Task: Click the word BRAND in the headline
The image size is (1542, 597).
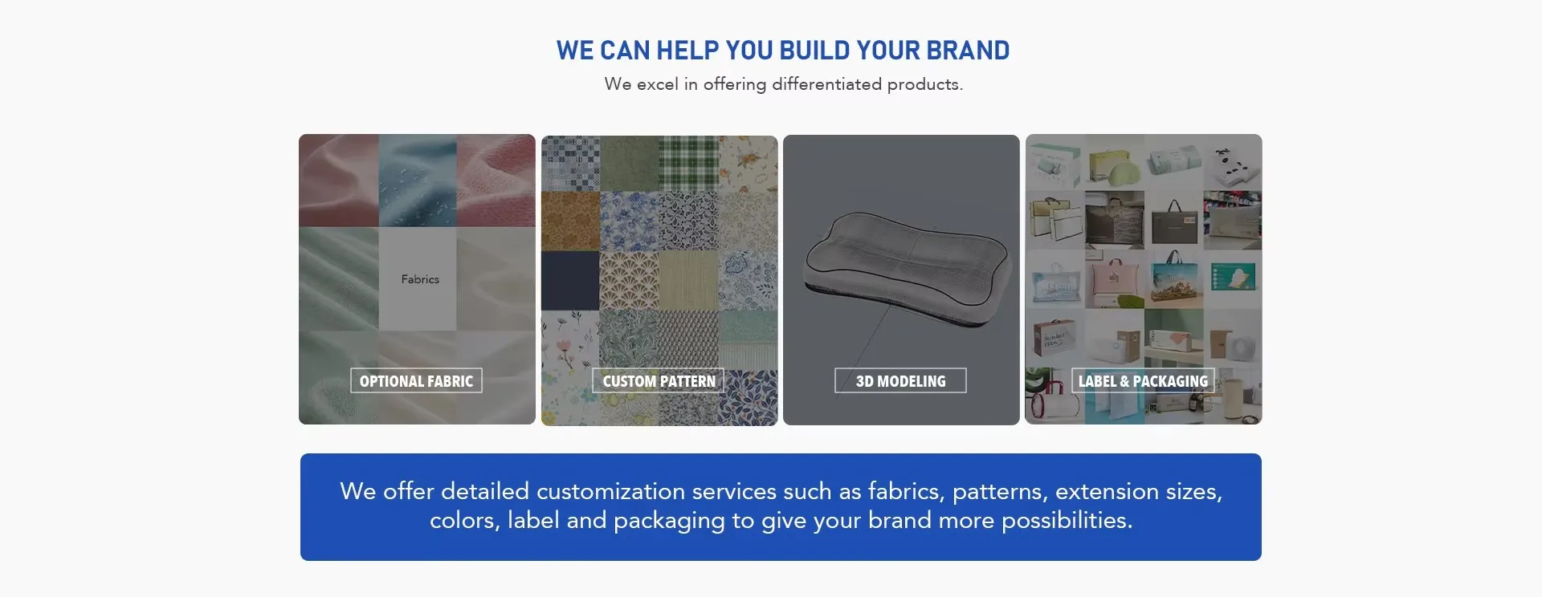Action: [968, 51]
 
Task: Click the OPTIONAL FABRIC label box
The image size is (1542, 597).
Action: [416, 380]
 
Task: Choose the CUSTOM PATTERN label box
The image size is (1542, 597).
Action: [659, 380]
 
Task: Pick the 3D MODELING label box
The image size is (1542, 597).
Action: [900, 380]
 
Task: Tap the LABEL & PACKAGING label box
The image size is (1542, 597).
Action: [1143, 380]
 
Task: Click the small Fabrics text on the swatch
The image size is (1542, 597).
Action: [420, 279]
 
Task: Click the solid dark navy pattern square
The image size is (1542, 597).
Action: [570, 280]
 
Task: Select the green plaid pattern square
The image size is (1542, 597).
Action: [688, 164]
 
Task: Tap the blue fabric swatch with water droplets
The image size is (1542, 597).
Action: [418, 181]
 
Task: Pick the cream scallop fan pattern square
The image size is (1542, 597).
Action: [629, 280]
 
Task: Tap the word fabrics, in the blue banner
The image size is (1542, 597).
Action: [907, 491]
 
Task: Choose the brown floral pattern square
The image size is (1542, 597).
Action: [570, 221]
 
